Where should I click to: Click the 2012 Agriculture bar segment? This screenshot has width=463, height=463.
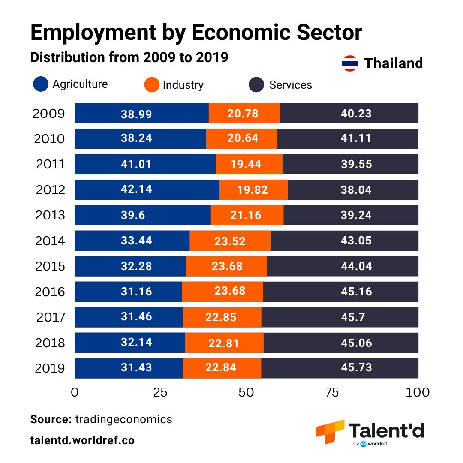[x=147, y=189]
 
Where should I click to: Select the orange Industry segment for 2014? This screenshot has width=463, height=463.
[x=230, y=241]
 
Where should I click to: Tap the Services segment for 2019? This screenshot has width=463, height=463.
[x=340, y=368]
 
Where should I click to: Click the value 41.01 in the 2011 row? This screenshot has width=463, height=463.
[x=136, y=164]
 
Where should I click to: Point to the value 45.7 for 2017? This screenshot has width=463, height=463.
[x=356, y=317]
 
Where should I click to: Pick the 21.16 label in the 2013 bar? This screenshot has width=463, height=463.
[x=246, y=215]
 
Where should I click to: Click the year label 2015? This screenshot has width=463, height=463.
[x=50, y=266]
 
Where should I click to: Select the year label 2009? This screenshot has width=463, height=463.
[x=48, y=114]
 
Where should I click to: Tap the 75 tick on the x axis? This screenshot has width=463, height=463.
[x=332, y=392]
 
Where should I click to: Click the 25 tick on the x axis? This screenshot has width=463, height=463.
[x=160, y=392]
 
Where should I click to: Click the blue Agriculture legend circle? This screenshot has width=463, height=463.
[x=41, y=84]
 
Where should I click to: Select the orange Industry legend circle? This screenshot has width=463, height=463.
[x=152, y=85]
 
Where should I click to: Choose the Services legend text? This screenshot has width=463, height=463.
[x=290, y=85]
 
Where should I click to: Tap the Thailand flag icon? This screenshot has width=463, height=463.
[x=350, y=63]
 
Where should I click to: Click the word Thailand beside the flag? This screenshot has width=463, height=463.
[x=393, y=63]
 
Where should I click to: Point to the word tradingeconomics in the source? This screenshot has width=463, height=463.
[x=123, y=419]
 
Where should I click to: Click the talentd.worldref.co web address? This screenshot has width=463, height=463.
[x=82, y=440]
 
